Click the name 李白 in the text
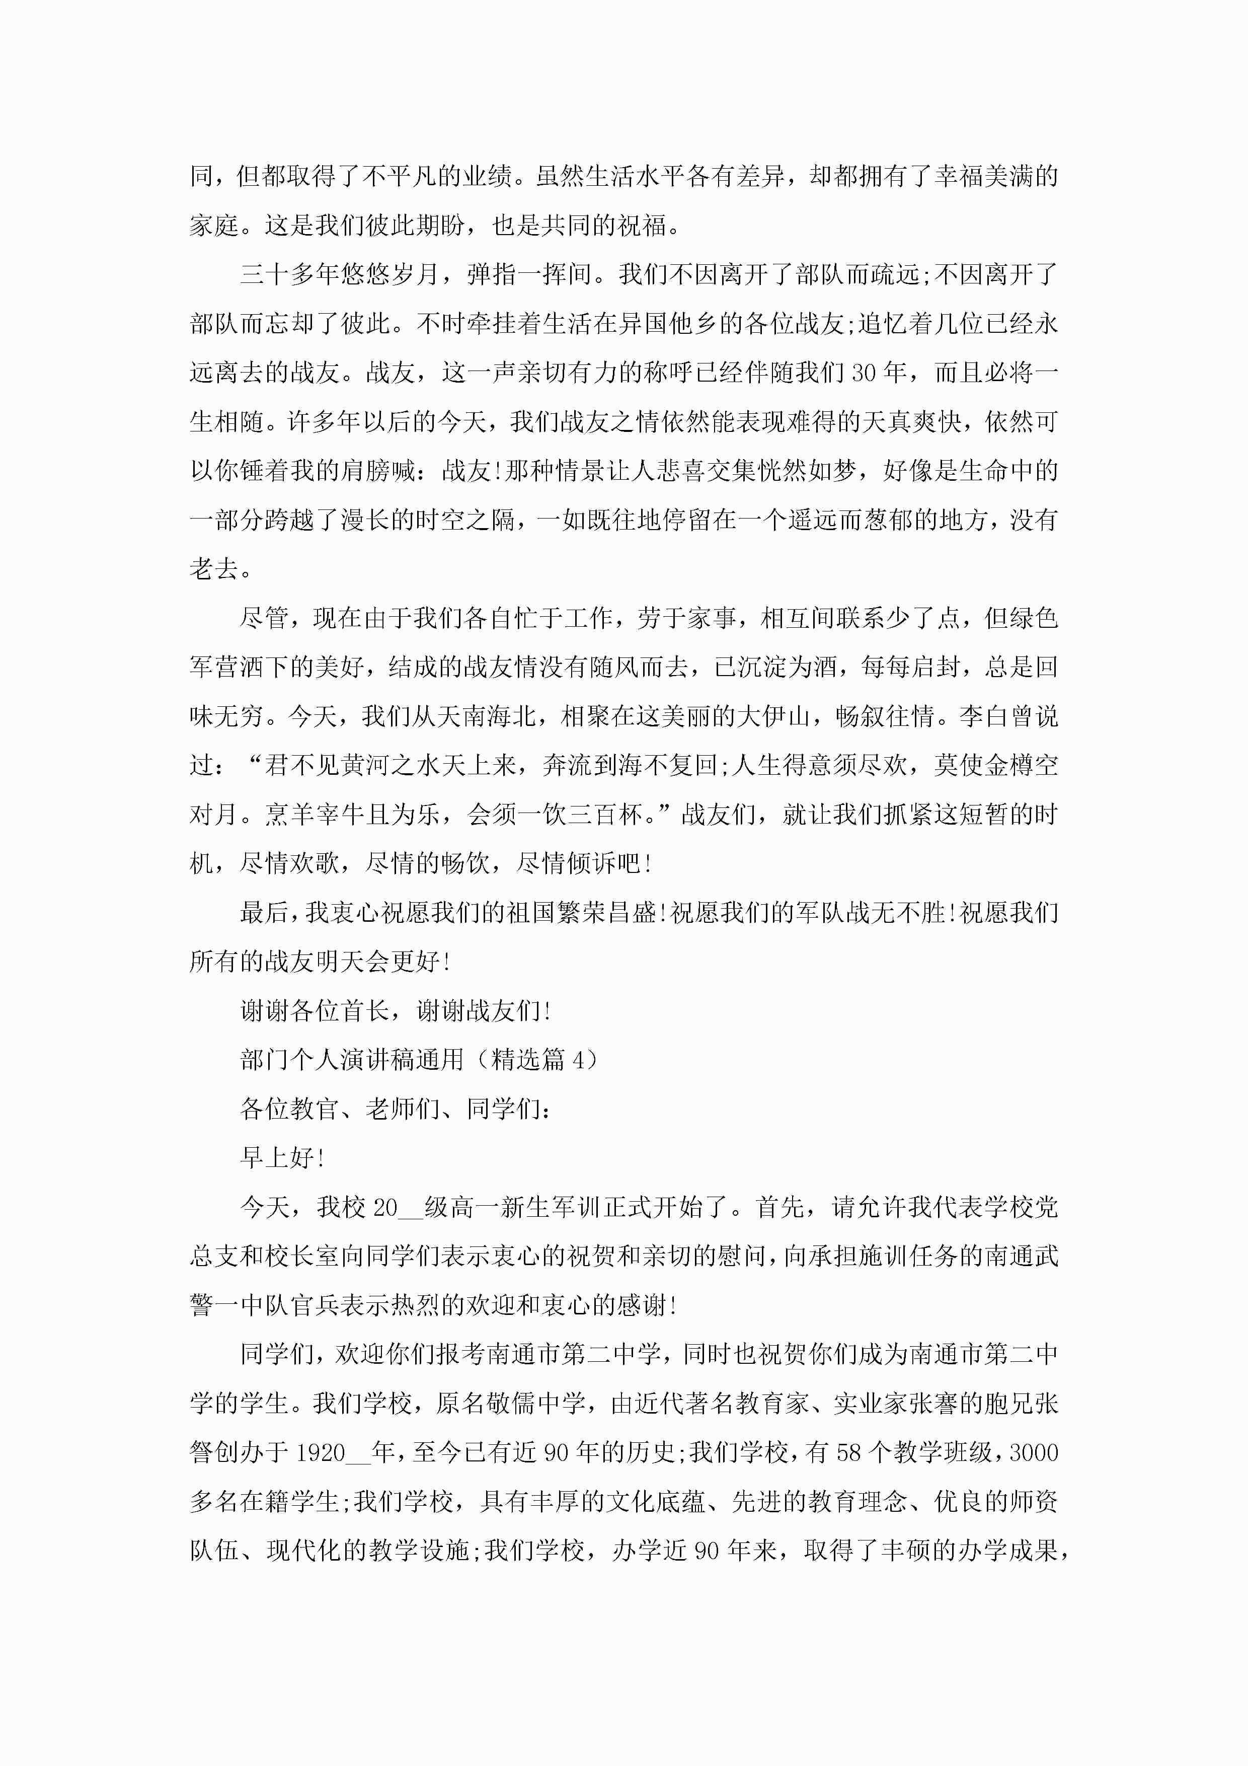coord(983,717)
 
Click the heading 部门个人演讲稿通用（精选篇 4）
coord(419,1060)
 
